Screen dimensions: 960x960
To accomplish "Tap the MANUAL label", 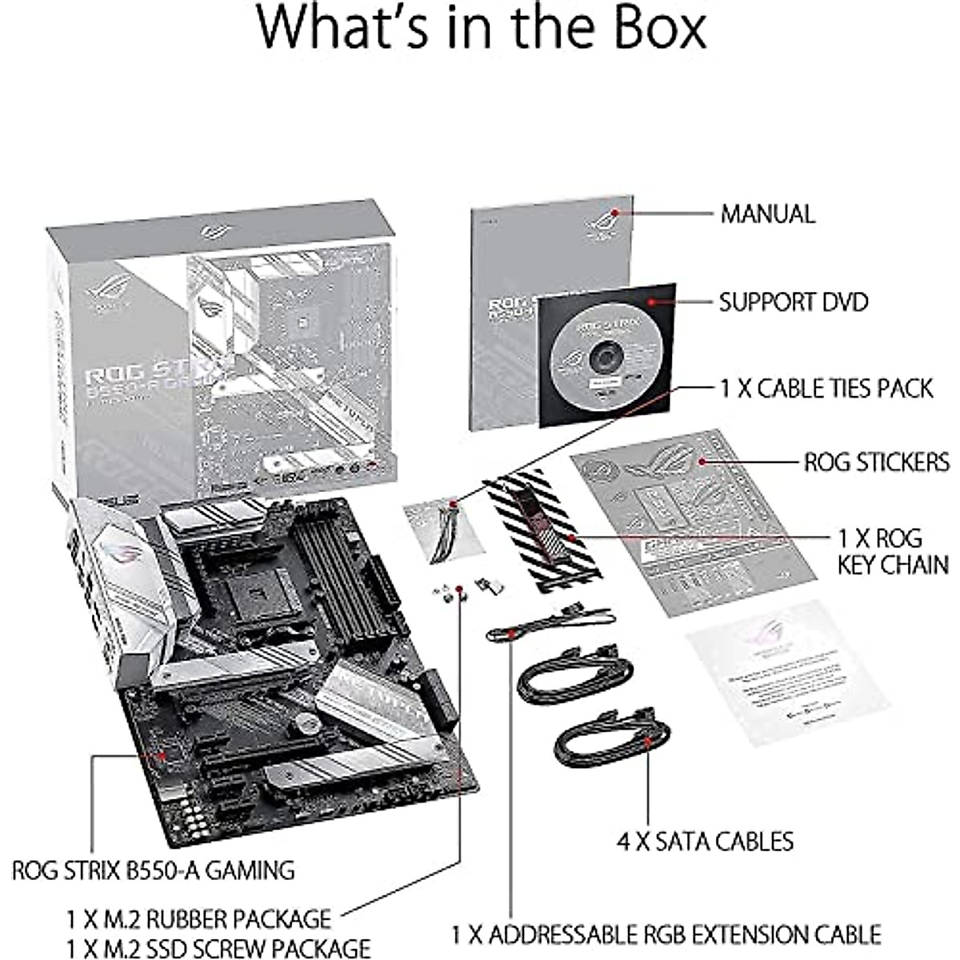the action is [768, 214].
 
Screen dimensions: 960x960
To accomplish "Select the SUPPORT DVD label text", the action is [793, 302].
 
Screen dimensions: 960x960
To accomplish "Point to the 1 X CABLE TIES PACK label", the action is [826, 389].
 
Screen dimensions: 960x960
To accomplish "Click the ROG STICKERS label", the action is [877, 462].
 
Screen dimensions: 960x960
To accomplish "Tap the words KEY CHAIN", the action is [893, 564].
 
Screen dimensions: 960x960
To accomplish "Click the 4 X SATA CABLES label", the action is [705, 841].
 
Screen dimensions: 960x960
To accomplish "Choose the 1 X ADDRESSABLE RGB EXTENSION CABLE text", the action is [666, 934].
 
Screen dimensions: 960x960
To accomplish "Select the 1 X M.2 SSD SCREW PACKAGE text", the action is [218, 947].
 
